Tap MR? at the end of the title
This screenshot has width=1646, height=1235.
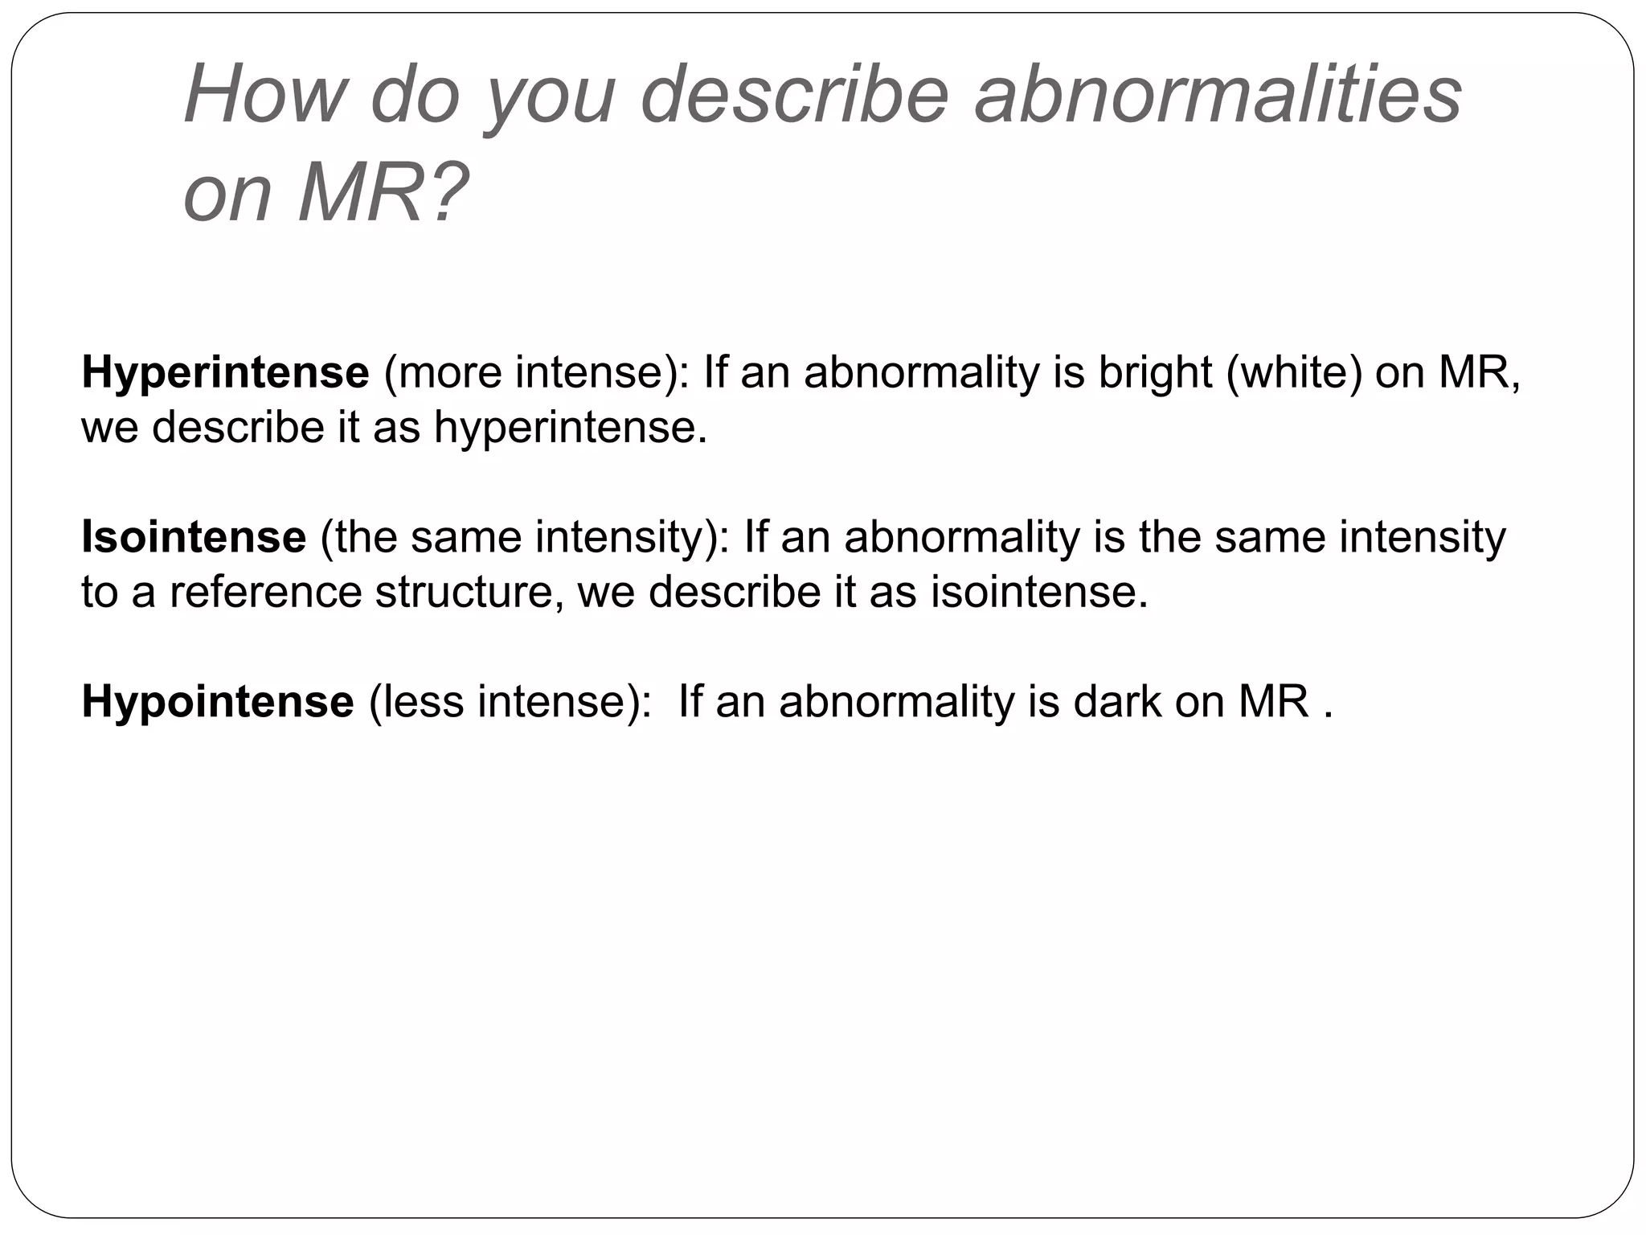pyautogui.click(x=383, y=194)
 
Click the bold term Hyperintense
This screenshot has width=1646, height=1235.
pyautogui.click(x=225, y=373)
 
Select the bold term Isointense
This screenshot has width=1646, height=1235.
pyautogui.click(x=194, y=537)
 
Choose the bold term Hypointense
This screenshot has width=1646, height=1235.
pyautogui.click(x=217, y=702)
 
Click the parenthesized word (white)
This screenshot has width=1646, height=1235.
pyautogui.click(x=1294, y=373)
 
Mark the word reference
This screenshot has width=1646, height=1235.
pyautogui.click(x=266, y=593)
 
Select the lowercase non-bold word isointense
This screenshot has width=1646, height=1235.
pyautogui.click(x=1039, y=593)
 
